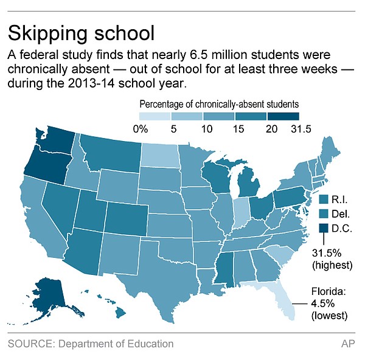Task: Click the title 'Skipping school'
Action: coord(81,32)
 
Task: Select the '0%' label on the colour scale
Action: coord(141,128)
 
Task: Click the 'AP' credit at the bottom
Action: coord(347,344)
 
